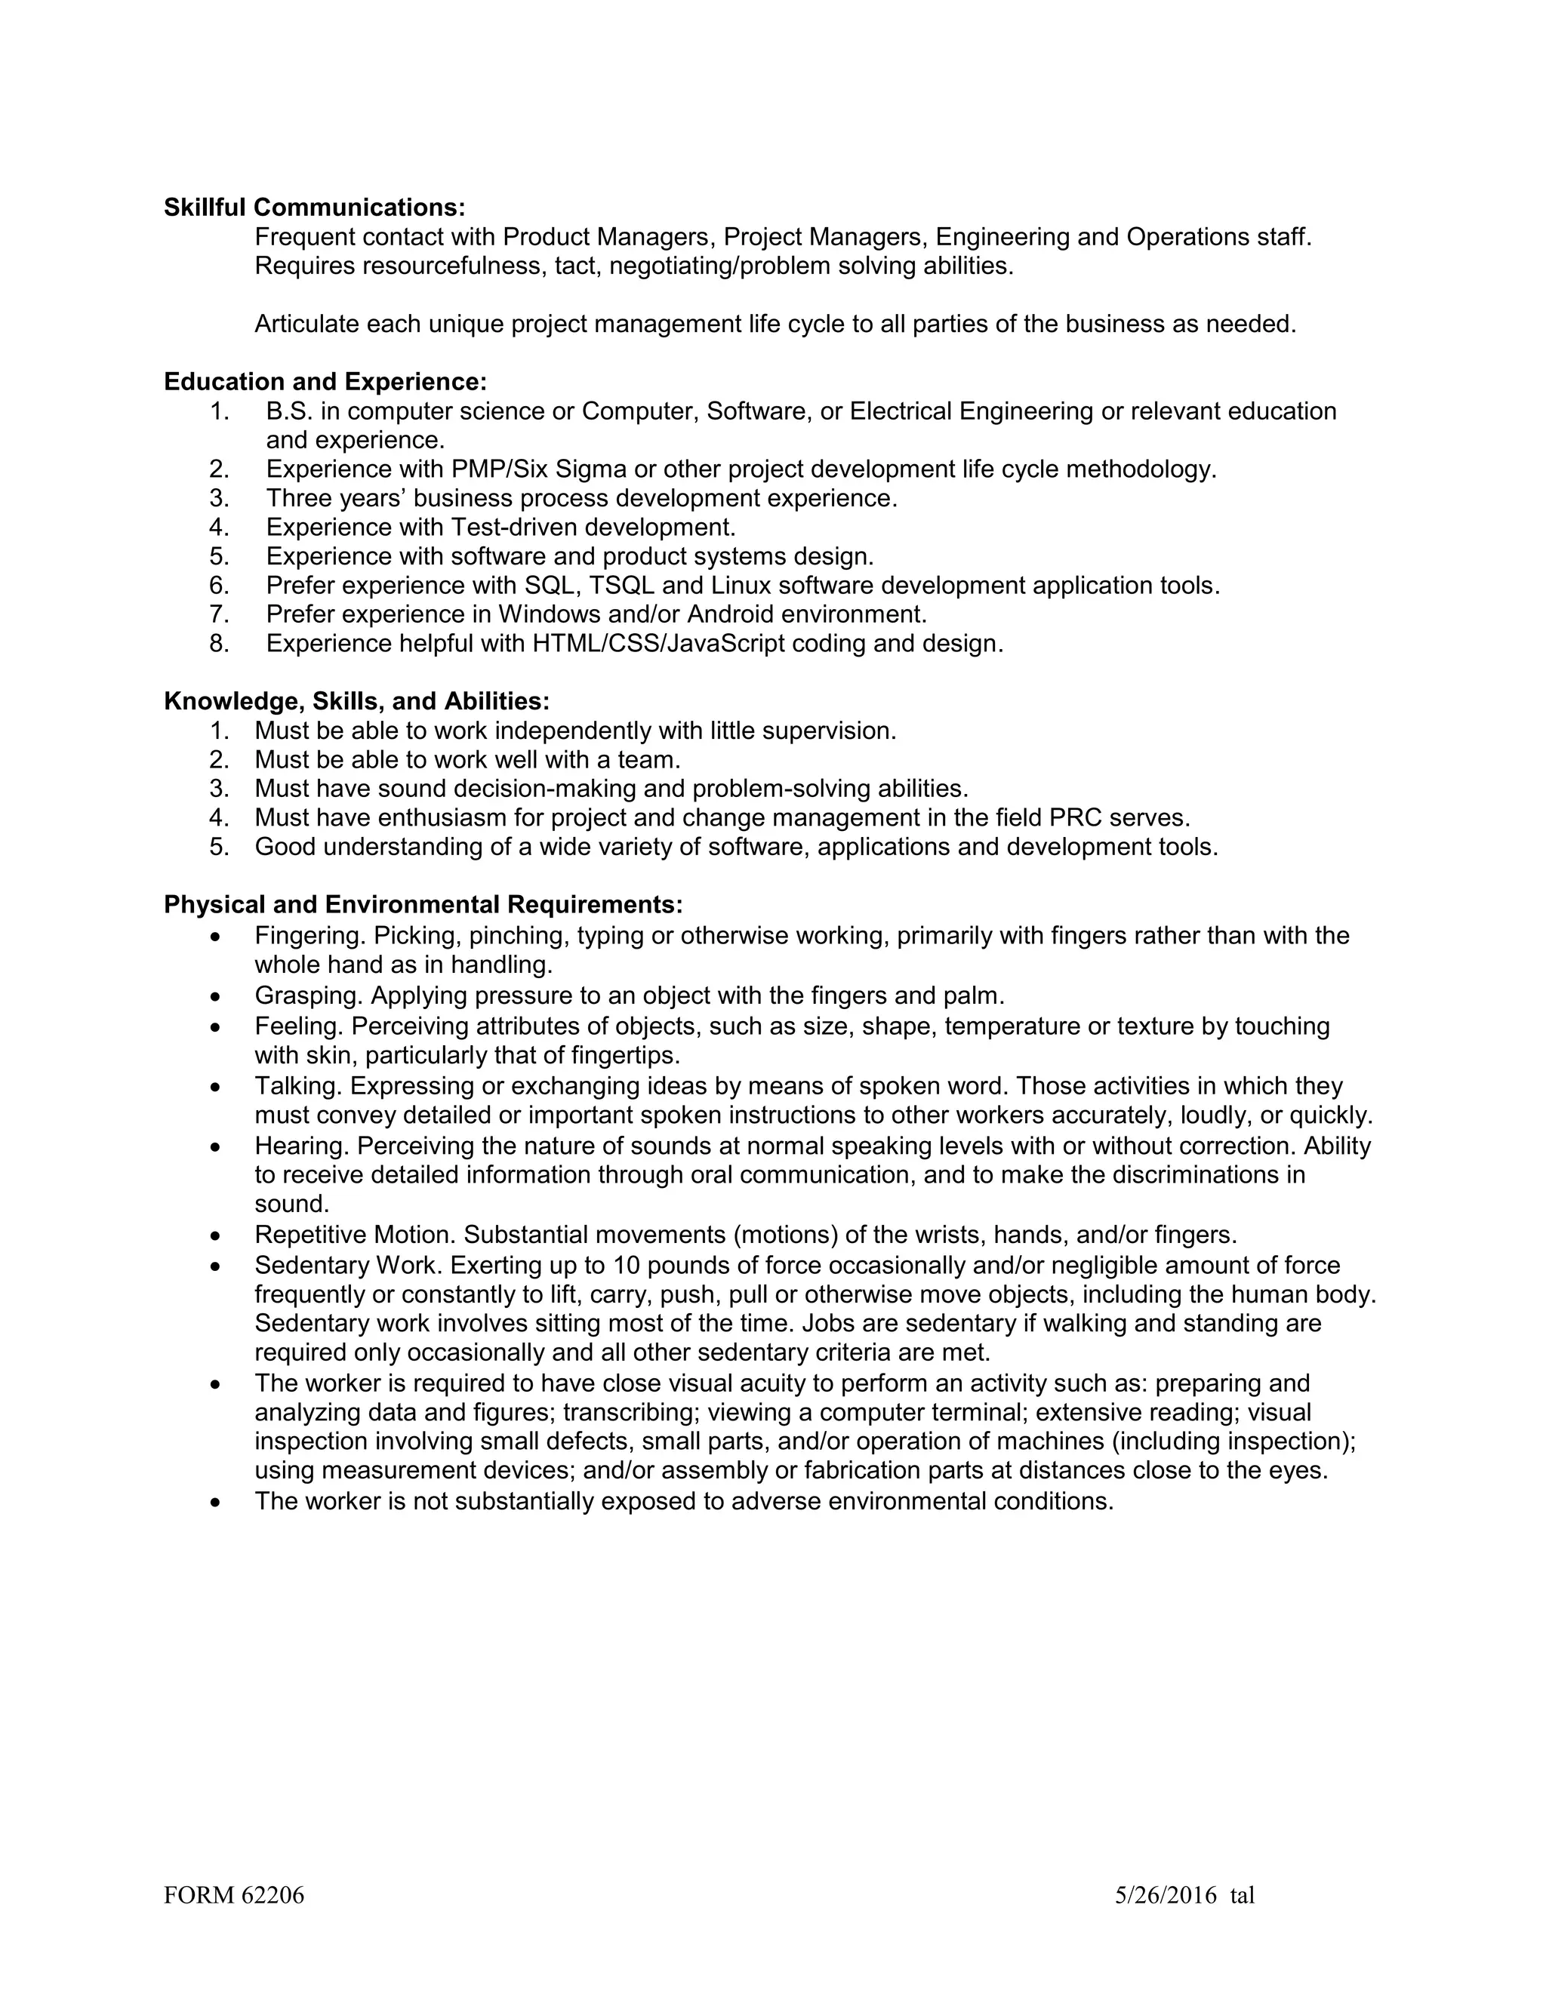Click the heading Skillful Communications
click(x=314, y=208)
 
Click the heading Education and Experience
click(x=325, y=382)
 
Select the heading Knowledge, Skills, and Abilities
click(x=356, y=701)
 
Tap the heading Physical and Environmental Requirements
click(x=423, y=905)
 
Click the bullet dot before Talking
click(x=215, y=1088)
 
